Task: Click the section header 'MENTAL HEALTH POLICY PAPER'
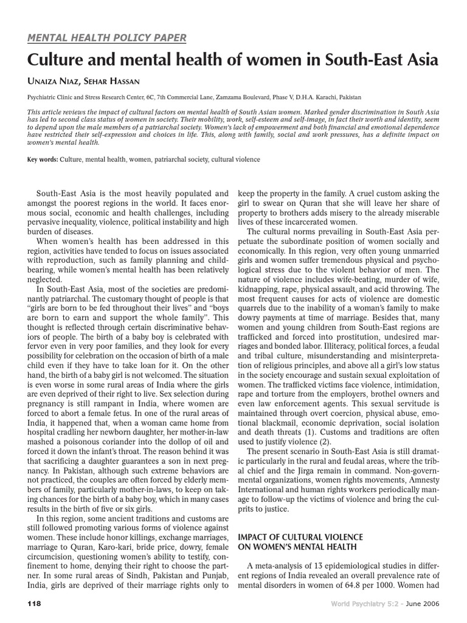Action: click(107, 38)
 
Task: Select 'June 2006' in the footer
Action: click(422, 603)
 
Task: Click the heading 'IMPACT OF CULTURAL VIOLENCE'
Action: click(300, 537)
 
